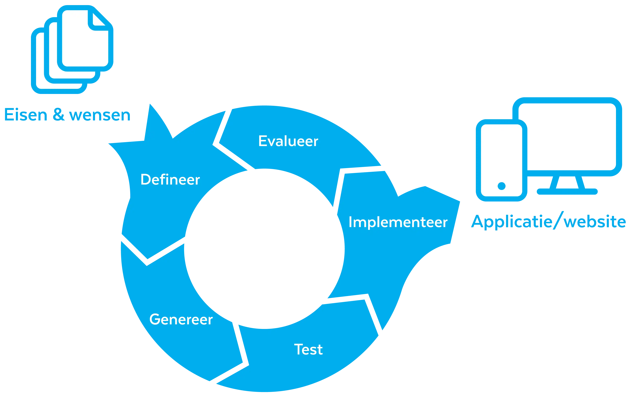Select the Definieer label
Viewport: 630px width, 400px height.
[x=170, y=180]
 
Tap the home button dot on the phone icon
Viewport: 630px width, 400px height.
[x=501, y=186]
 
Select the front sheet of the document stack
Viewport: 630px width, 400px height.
[x=84, y=42]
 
